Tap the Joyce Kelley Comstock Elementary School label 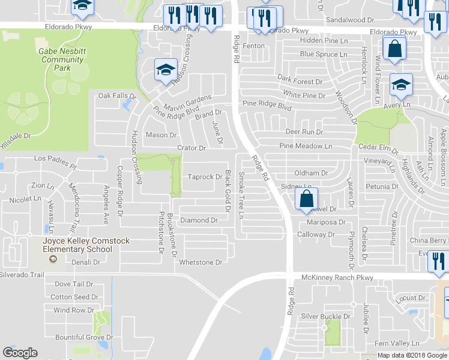(x=85, y=246)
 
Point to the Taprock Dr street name (x=205, y=178)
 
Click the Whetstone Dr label (x=201, y=262)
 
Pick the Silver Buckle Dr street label (x=325, y=316)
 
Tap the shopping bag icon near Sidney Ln (x=306, y=199)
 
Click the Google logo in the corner (x=20, y=353)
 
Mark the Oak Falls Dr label (x=118, y=95)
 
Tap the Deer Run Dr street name (x=304, y=132)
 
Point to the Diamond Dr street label (x=199, y=221)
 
